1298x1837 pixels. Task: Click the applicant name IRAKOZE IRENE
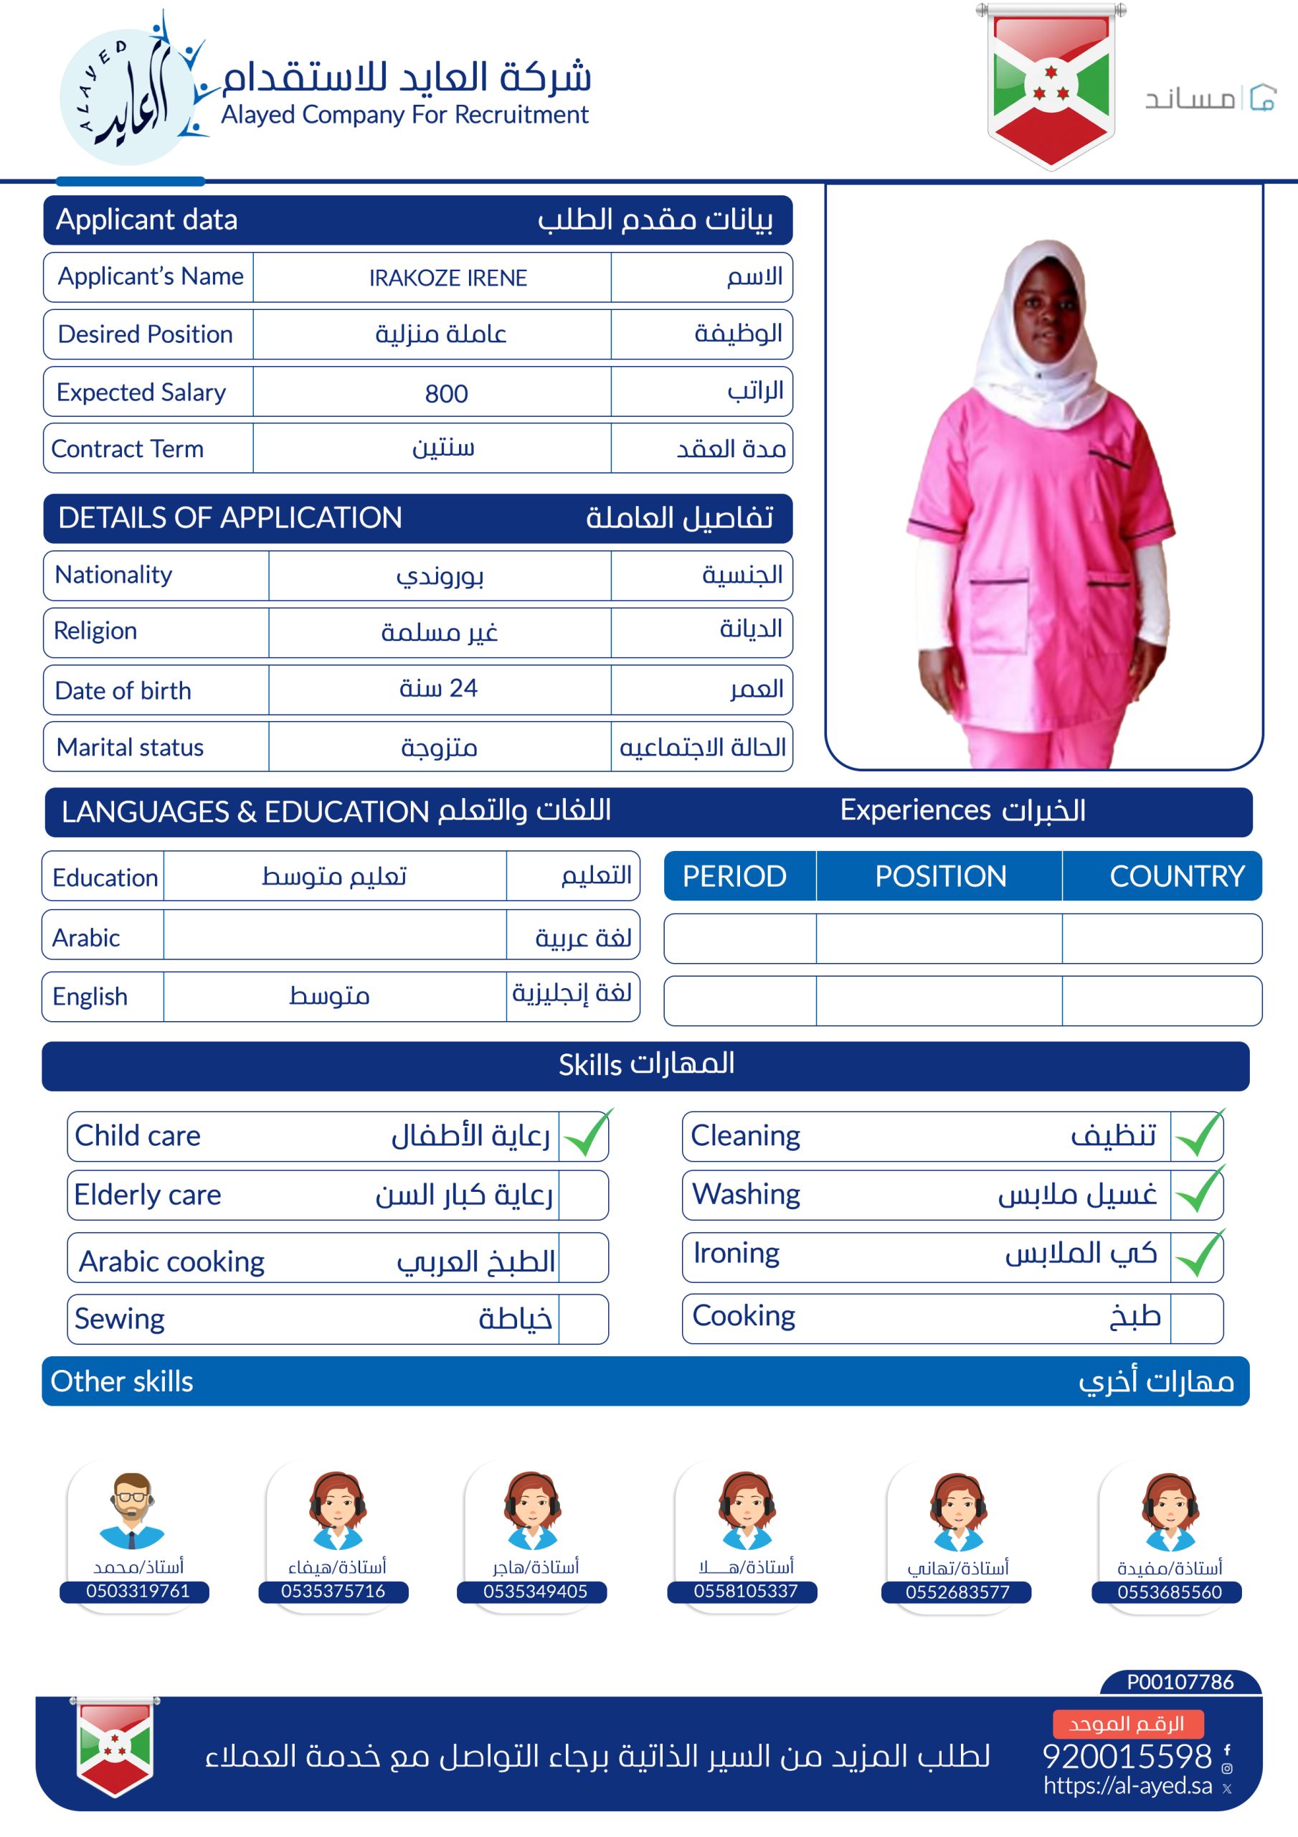pos(448,278)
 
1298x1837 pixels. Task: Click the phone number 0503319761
pos(138,1591)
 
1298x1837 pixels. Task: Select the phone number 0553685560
pos(1168,1592)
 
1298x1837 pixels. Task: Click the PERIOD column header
pos(734,876)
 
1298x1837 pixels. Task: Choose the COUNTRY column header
pos(1175,876)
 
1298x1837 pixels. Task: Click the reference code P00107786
pos(1180,1681)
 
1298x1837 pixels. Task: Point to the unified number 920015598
pos(1127,1756)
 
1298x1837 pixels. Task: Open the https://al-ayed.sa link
pos(1127,1785)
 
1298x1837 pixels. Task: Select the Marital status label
pos(131,747)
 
